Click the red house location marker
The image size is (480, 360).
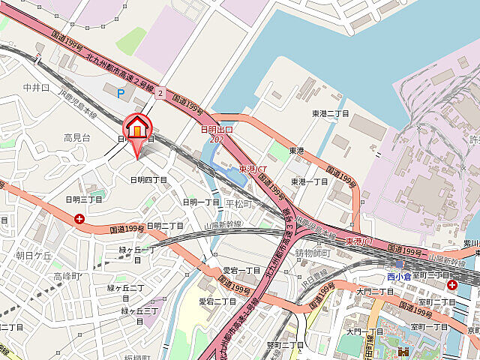(137, 128)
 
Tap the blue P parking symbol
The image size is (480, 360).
(121, 91)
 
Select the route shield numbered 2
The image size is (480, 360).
(160, 93)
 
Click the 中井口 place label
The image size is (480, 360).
(36, 88)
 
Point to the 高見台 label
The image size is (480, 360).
(76, 137)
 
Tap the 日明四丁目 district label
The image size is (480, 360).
(148, 180)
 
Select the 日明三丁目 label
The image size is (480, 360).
(83, 199)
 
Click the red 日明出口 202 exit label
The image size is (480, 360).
(217, 134)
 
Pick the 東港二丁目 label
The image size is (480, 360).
(331, 113)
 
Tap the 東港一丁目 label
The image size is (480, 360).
(310, 181)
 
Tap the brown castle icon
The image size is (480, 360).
(401, 351)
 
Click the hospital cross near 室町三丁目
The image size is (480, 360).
(452, 285)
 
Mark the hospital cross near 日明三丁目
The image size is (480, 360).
(79, 219)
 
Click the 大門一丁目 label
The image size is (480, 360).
(359, 330)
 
